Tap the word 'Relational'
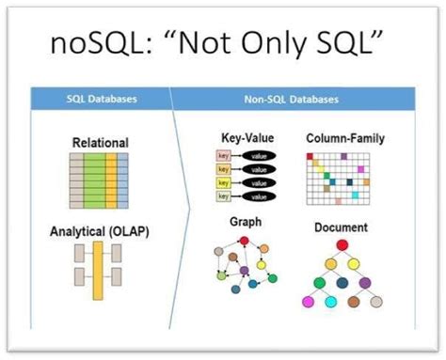(x=100, y=143)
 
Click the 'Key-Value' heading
(x=247, y=138)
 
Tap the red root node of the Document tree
(x=345, y=246)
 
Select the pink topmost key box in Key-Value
(x=224, y=154)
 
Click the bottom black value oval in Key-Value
(x=259, y=199)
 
